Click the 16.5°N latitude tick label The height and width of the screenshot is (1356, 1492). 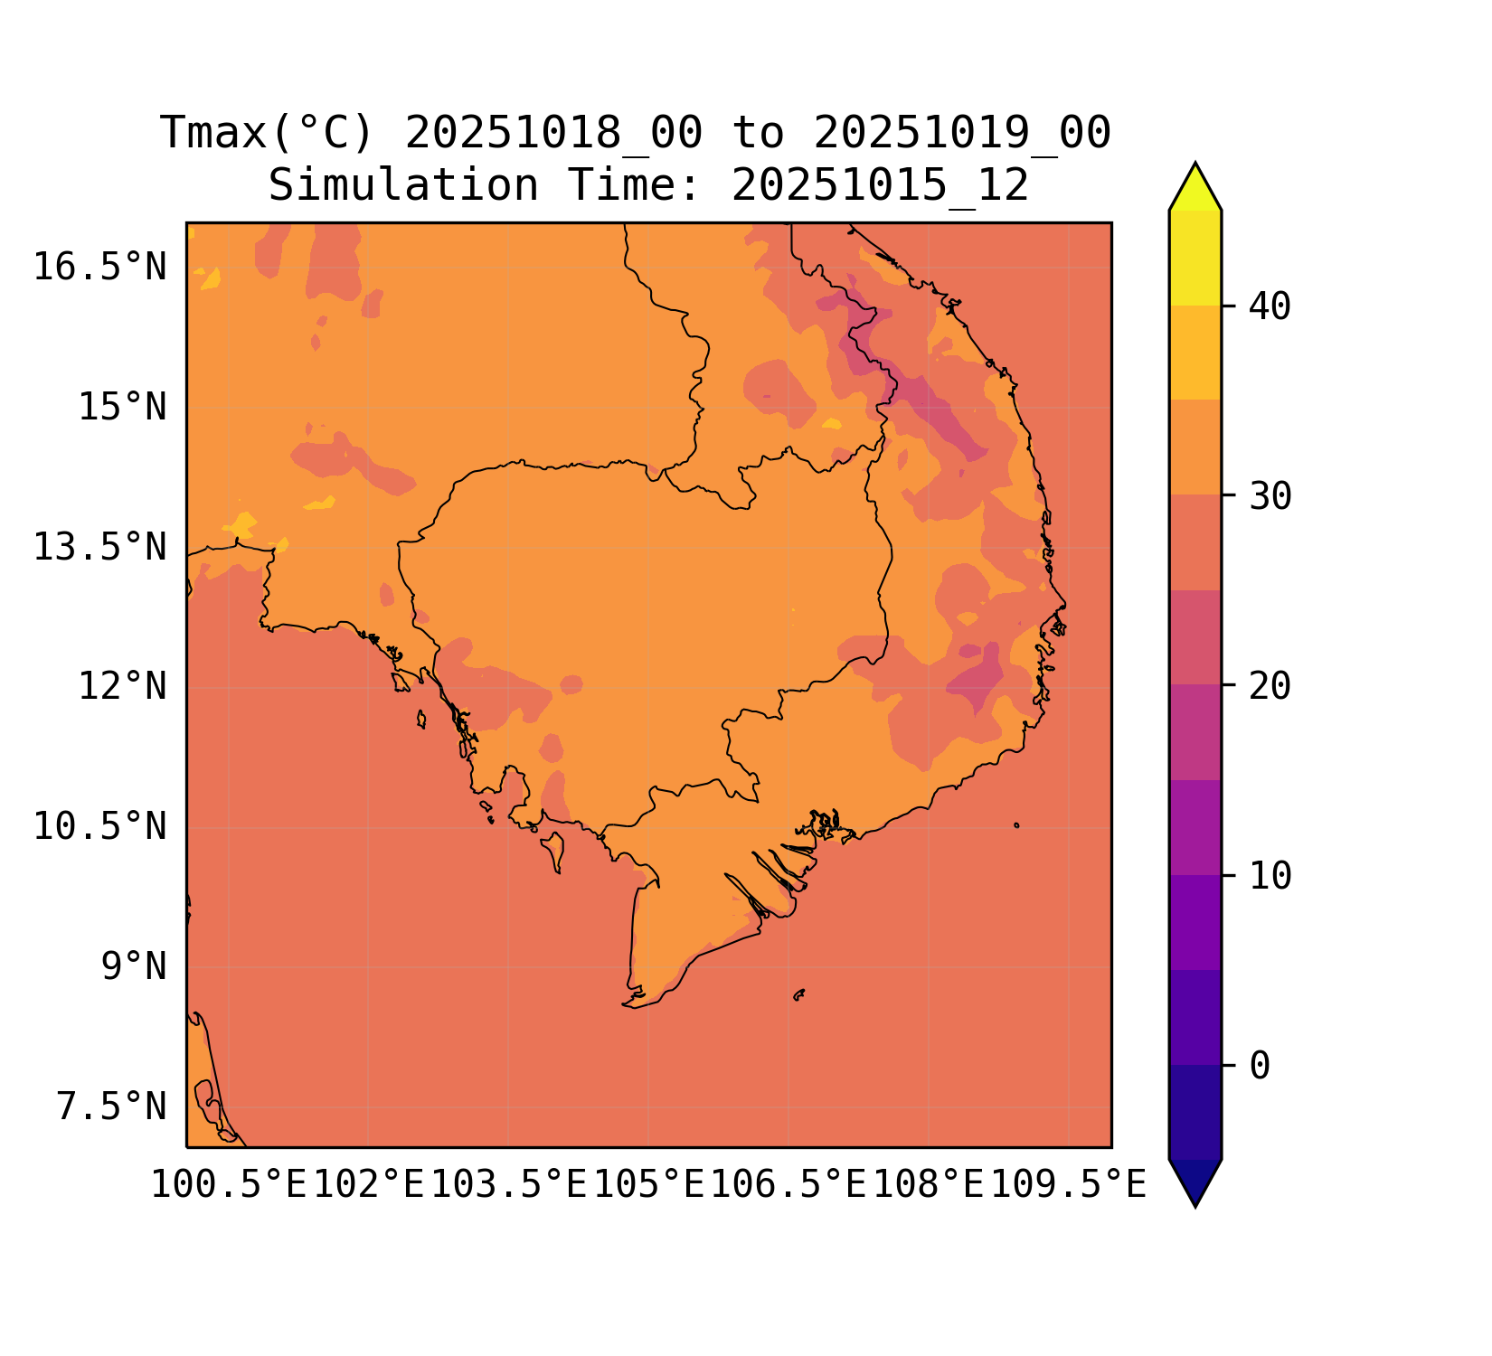tap(99, 268)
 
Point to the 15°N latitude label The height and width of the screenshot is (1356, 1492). tap(122, 408)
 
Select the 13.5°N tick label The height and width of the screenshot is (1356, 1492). tap(99, 548)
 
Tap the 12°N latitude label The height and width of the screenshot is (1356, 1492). tap(122, 687)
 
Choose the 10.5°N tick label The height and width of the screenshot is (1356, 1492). tap(99, 827)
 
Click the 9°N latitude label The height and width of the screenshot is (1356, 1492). tap(133, 967)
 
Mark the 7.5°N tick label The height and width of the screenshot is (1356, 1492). tap(111, 1107)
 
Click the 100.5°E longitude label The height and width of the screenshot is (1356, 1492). tap(229, 1185)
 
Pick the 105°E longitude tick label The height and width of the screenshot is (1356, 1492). tap(648, 1185)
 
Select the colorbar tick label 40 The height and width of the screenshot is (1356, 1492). tap(1270, 307)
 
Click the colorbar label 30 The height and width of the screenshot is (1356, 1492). tap(1270, 496)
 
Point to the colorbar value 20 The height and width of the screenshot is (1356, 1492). tap(1270, 686)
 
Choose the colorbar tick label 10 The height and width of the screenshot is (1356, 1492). tap(1270, 876)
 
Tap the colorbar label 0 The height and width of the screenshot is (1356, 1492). tap(1260, 1066)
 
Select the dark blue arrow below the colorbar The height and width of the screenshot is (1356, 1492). tap(1195, 1180)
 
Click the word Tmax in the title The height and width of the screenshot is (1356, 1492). tap(213, 134)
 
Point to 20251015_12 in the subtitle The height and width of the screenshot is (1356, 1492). tap(880, 186)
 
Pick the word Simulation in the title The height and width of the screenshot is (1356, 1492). tap(403, 186)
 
